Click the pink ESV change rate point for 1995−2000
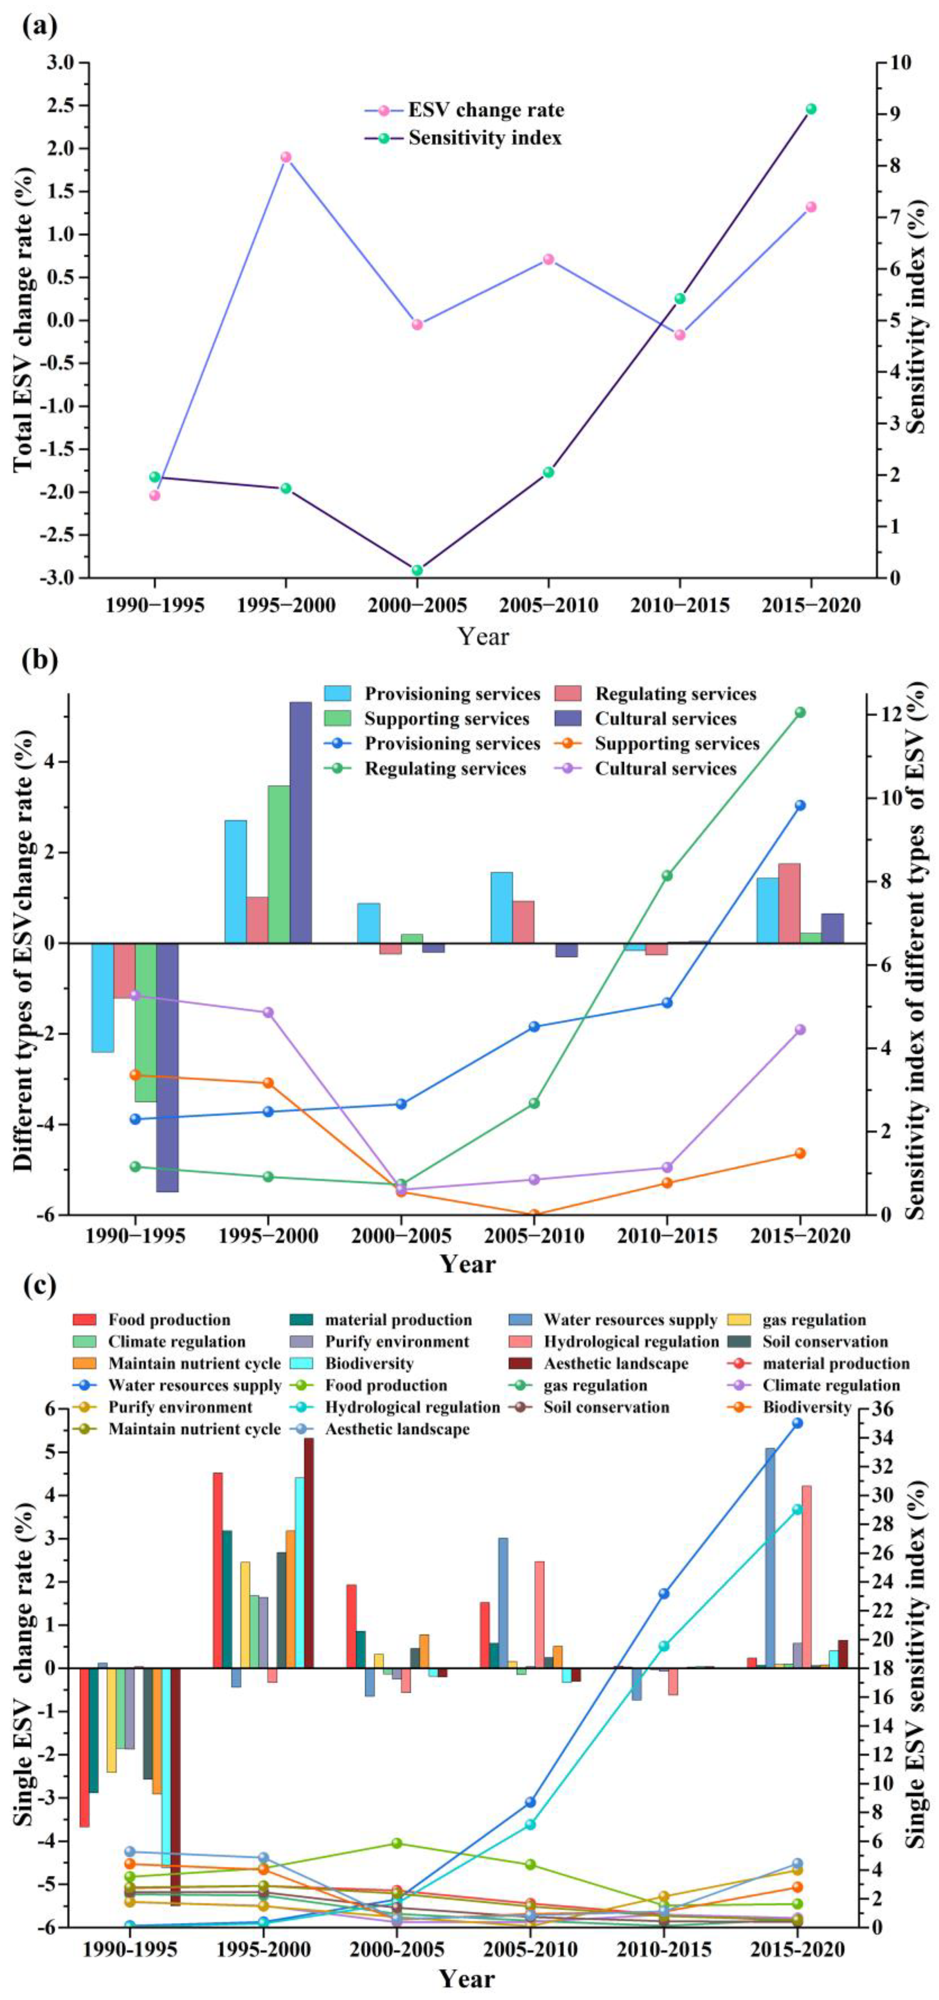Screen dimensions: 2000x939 coord(286,157)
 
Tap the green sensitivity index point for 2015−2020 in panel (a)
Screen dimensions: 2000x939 coord(811,109)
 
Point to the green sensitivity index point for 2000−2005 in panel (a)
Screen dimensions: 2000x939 coord(417,570)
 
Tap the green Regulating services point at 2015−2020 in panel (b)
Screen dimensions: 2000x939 coord(800,712)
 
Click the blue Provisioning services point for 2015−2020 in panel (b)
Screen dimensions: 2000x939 coord(800,805)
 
